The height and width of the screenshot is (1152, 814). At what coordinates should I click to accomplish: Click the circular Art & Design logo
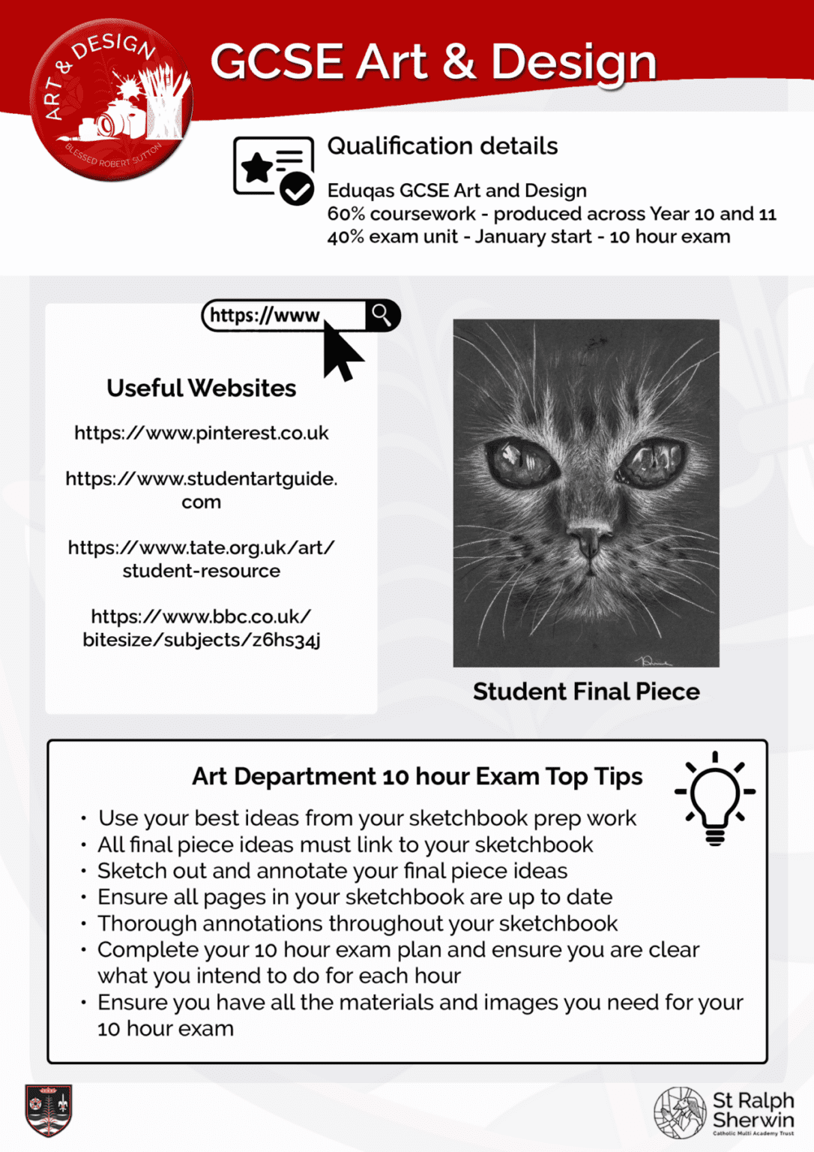pos(111,100)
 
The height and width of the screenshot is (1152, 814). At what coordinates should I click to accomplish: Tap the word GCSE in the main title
pos(277,61)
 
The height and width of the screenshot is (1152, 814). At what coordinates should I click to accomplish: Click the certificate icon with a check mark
pos(274,169)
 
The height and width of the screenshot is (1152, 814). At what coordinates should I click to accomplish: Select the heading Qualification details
pos(442,145)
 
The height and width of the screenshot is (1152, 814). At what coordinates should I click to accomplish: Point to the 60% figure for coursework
pos(346,214)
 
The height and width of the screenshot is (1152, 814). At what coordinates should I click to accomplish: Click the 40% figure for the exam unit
pos(346,237)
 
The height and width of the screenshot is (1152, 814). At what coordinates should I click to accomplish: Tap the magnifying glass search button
pos(382,316)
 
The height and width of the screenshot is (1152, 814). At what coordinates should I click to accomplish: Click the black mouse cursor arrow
pos(341,351)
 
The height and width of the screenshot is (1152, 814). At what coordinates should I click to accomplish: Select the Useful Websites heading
pos(201,388)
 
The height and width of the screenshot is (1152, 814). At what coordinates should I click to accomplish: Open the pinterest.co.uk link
pos(201,433)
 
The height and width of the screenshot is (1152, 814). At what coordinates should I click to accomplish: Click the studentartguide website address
pos(201,490)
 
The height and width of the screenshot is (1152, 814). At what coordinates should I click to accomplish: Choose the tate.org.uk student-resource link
pos(201,559)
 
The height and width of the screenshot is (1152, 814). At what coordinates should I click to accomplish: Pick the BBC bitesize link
pos(201,628)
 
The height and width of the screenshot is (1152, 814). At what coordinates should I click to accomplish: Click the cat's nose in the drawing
pos(588,539)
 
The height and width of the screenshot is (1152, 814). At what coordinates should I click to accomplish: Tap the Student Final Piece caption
pos(586,691)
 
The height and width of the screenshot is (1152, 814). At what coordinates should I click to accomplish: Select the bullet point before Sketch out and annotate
pos(84,871)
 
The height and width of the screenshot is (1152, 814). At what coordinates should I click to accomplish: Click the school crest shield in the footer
pos(49,1109)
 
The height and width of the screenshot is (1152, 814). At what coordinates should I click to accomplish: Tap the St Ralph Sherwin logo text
pos(753,1110)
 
